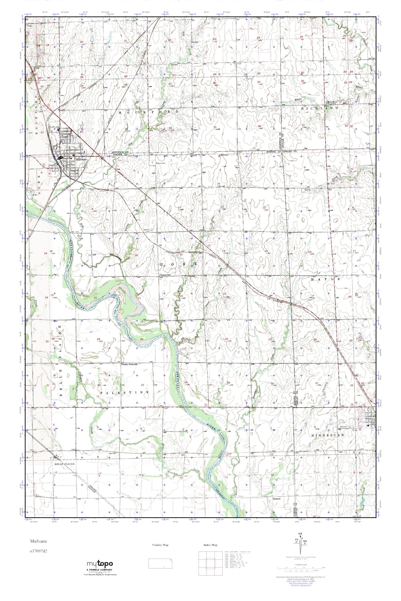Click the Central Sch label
tap(165, 275)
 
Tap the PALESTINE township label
tap(125, 392)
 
